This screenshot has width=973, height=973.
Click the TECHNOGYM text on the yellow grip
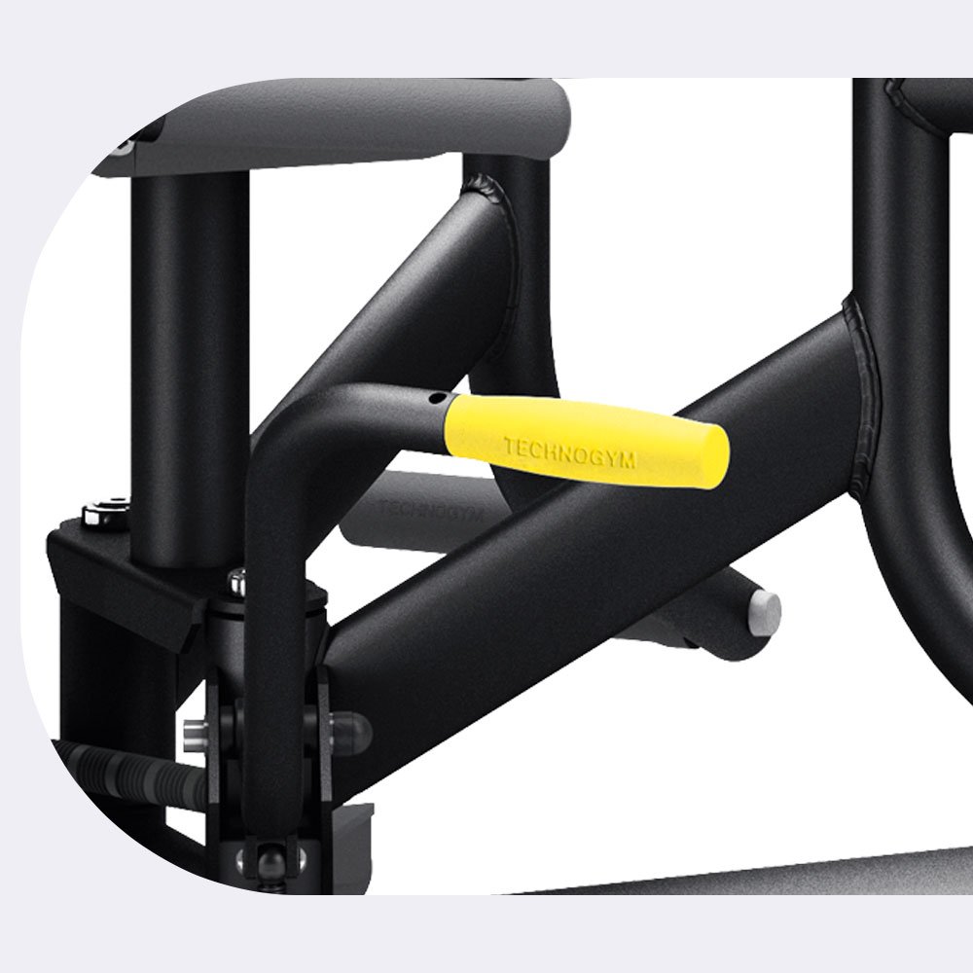click(569, 451)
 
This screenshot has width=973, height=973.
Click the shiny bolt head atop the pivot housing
click(237, 582)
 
